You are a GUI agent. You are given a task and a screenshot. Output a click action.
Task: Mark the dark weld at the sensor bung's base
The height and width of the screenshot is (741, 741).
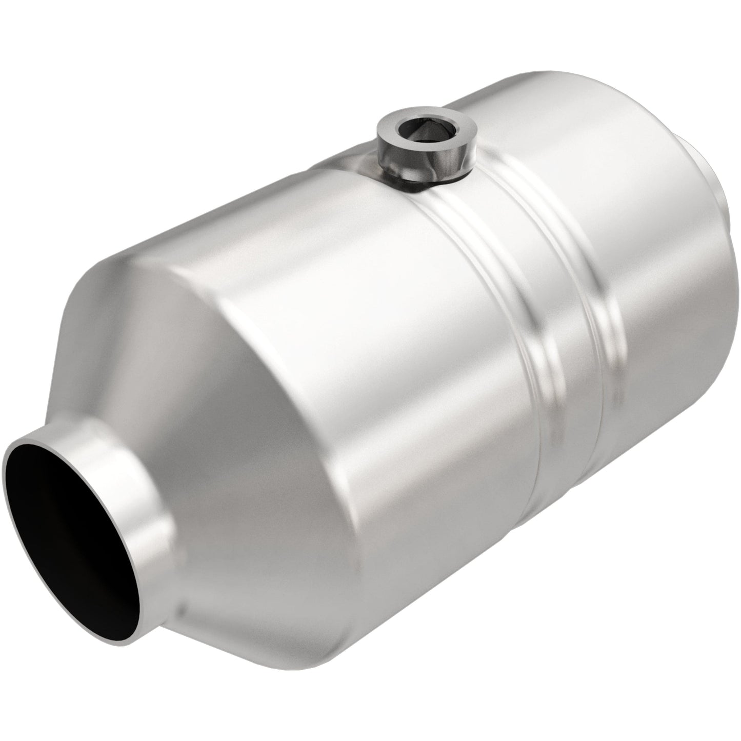pyautogui.click(x=410, y=185)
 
